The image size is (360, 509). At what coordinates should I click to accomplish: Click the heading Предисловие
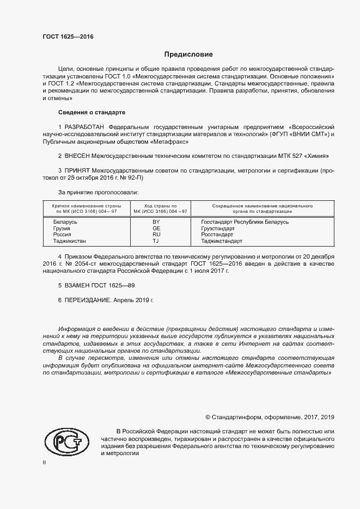[x=188, y=54]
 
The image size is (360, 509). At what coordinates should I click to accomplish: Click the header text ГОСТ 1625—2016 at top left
[x=68, y=37]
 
